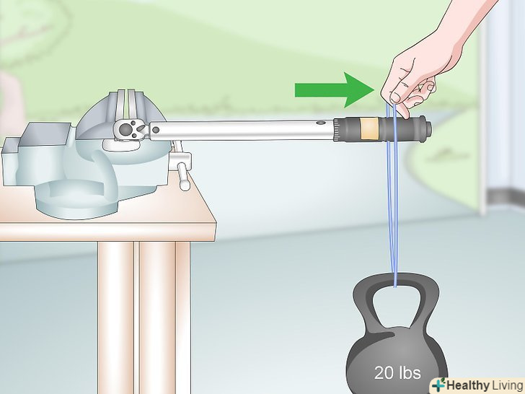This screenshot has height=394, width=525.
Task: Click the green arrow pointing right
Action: [x=334, y=90]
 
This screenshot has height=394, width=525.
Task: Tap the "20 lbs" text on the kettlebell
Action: [x=397, y=372]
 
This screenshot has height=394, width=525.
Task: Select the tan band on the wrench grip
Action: [x=369, y=128]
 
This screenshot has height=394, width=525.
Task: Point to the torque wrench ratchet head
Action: [x=130, y=129]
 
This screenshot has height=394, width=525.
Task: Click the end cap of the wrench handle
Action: [x=427, y=128]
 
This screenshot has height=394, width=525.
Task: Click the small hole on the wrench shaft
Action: [x=320, y=123]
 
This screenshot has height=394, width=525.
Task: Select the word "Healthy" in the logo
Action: [x=468, y=385]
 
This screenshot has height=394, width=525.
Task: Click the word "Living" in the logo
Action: [x=507, y=385]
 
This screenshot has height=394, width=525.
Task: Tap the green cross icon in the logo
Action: [x=438, y=385]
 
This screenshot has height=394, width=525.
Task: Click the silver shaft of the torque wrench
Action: [x=242, y=130]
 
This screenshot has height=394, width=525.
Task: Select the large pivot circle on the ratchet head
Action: [x=125, y=129]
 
